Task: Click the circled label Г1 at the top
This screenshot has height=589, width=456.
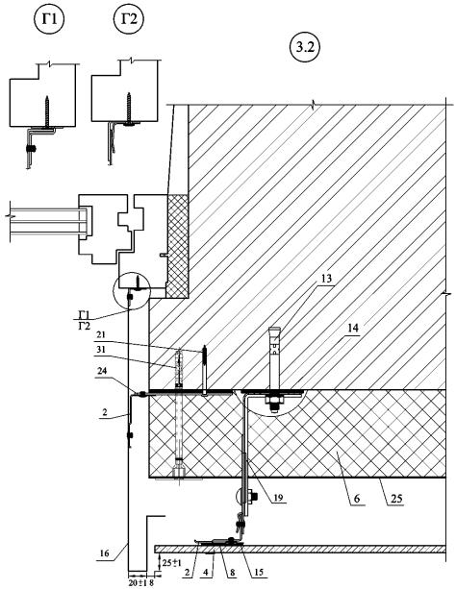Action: click(49, 19)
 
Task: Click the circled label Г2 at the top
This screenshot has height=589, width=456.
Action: click(129, 19)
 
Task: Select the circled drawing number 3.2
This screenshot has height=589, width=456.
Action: click(305, 48)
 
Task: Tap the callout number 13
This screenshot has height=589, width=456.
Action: click(326, 279)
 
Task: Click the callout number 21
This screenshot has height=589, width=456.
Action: click(101, 334)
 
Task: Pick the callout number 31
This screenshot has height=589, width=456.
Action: click(101, 350)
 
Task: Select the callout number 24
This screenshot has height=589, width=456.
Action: click(101, 371)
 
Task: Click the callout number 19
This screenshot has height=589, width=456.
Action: click(279, 498)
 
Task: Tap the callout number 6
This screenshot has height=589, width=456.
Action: click(357, 499)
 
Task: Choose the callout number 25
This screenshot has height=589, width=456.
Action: click(396, 499)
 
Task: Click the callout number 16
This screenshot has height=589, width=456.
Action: click(105, 552)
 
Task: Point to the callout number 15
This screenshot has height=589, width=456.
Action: click(259, 573)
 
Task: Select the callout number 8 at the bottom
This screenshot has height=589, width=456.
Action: click(233, 573)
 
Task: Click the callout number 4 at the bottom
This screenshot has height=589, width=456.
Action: click(215, 573)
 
